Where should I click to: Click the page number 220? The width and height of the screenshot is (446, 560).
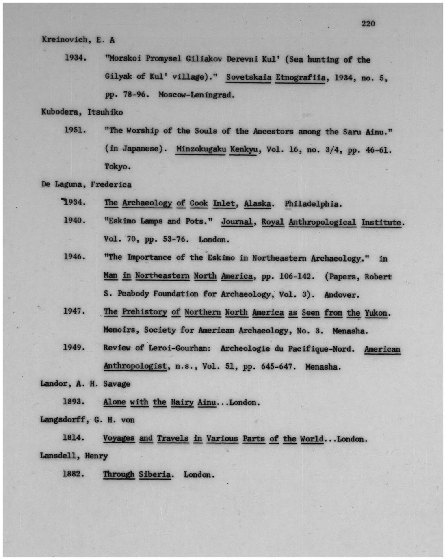pos(368,24)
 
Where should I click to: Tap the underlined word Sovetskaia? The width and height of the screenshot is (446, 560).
pos(248,77)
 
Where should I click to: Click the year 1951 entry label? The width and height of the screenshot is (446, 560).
pos(75,130)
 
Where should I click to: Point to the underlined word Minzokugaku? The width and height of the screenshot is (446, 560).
pos(201,149)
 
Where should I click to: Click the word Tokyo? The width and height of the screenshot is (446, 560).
pos(117,166)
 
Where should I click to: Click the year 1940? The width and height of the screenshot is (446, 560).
pos(74,221)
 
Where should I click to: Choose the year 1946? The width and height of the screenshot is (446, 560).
pos(74,257)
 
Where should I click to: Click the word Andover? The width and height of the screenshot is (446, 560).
pos(342,294)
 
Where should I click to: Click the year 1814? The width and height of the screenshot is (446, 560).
pos(74,438)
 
